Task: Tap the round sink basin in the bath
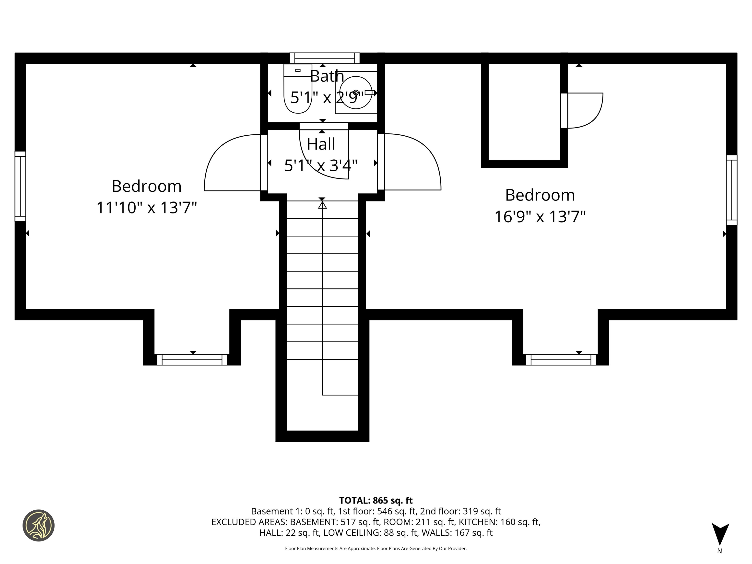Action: pos(355,93)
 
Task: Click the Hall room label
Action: pos(321,144)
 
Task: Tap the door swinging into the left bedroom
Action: pos(231,163)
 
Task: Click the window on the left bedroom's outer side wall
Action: pos(20,186)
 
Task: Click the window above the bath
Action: pos(324,58)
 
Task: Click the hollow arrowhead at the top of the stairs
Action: pos(322,205)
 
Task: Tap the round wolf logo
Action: pos(38,525)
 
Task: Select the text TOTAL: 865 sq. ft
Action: pos(376,500)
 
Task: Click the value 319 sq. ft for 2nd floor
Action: pos(482,511)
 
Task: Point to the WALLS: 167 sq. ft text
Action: pos(457,533)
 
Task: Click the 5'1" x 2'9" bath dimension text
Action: pos(327,98)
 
